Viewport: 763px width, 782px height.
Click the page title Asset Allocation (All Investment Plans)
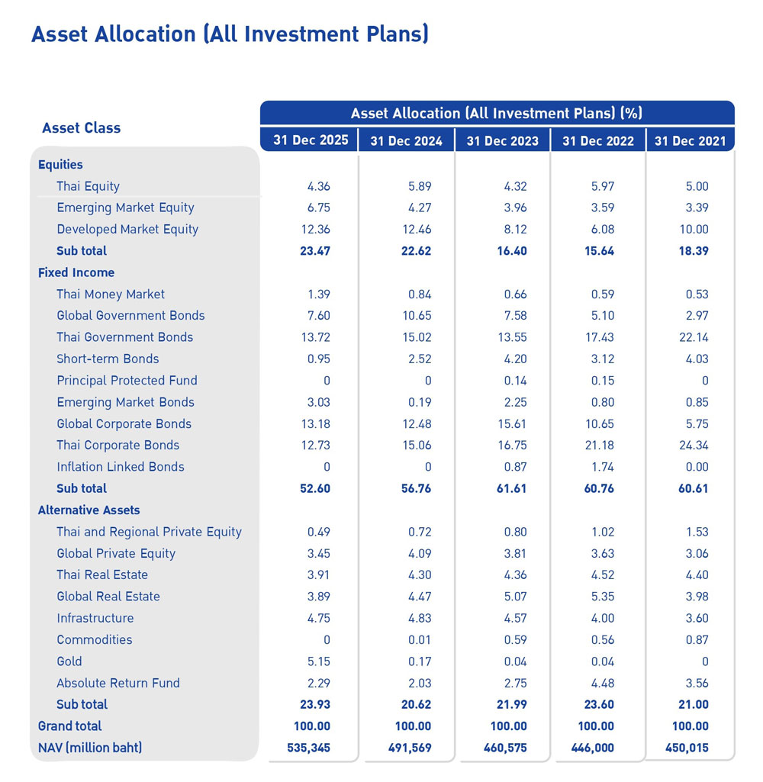pyautogui.click(x=229, y=34)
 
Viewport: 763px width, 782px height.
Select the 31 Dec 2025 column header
pyautogui.click(x=311, y=140)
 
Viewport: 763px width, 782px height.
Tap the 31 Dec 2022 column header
pyautogui.click(x=597, y=140)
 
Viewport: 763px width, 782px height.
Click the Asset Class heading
pyautogui.click(x=81, y=128)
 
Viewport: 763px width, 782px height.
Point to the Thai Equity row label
pyautogui.click(x=88, y=186)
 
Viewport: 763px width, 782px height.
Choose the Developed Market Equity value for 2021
pyautogui.click(x=693, y=229)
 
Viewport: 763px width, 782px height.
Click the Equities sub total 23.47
pyautogui.click(x=314, y=251)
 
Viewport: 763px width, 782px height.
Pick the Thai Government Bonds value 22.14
pyautogui.click(x=693, y=337)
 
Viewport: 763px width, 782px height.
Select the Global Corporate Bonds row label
pyautogui.click(x=124, y=423)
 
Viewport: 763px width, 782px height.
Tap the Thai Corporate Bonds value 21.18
pyautogui.click(x=597, y=446)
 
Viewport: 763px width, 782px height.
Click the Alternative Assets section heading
pyautogui.click(x=89, y=510)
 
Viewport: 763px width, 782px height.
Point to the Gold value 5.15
pyautogui.click(x=318, y=661)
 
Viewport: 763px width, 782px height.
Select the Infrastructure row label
pyautogui.click(x=95, y=618)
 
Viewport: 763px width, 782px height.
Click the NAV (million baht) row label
pyautogui.click(x=89, y=748)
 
